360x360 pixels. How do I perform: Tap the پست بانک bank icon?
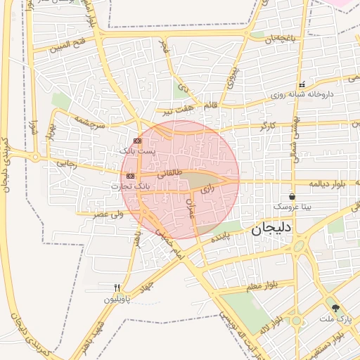pos(136,141)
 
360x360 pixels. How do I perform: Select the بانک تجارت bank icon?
pos(131,176)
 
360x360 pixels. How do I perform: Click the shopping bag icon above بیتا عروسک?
pos(292,196)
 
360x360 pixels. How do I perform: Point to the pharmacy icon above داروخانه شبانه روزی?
pos(301,84)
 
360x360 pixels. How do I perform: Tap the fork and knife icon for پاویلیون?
pos(117,288)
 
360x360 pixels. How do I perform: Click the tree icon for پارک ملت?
pos(335,308)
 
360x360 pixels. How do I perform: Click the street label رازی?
pos(206,189)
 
